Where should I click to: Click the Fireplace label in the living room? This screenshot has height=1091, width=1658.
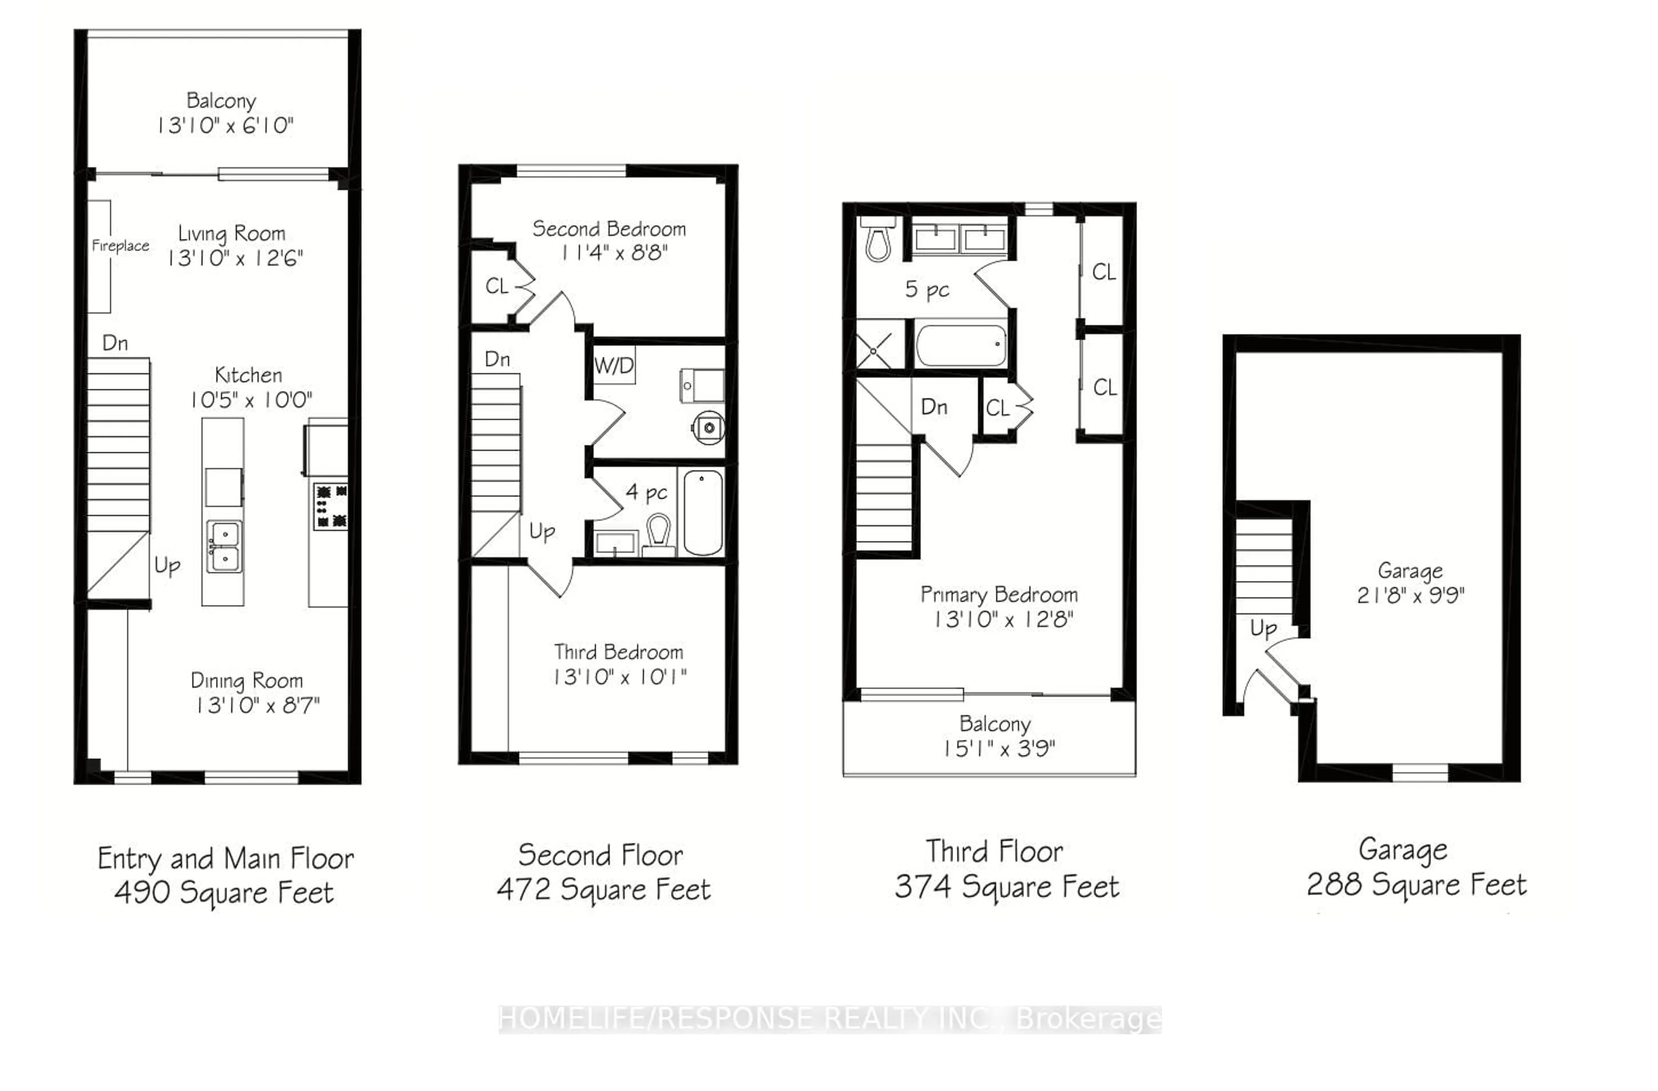(x=120, y=245)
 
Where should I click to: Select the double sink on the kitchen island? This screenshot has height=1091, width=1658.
(x=225, y=547)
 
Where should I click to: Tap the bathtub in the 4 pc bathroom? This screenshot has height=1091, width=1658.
(x=703, y=512)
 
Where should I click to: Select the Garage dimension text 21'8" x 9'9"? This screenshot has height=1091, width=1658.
(x=1411, y=596)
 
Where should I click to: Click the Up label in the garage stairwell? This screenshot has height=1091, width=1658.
(x=1263, y=628)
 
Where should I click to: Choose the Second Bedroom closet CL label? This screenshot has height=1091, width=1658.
(x=496, y=285)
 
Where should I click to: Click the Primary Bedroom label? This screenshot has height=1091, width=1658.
(x=999, y=594)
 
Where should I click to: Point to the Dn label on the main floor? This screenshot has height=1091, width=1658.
(x=115, y=343)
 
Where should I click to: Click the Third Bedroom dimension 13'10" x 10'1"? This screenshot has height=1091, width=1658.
(x=619, y=676)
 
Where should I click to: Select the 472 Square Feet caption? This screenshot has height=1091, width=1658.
(x=603, y=890)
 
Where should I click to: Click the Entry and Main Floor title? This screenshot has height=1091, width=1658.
(x=226, y=858)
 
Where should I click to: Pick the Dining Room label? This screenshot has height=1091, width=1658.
(x=247, y=681)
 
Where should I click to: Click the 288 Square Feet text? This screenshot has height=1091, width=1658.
(x=1416, y=885)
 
